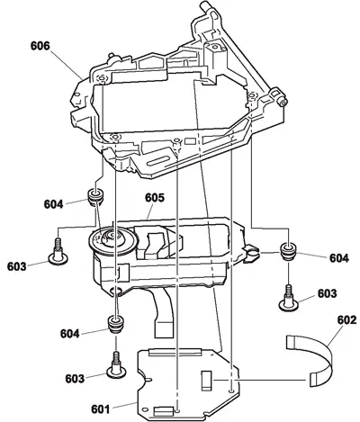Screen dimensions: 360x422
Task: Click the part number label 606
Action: [40, 46]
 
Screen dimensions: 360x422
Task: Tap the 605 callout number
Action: [155, 198]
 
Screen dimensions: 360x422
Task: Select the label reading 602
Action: [347, 320]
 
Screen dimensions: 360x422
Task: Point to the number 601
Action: [101, 409]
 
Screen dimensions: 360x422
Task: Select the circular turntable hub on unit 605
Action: [112, 239]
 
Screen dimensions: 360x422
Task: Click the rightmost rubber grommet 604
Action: [288, 252]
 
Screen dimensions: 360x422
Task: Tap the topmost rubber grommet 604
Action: [96, 196]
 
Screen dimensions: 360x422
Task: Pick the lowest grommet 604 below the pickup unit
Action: [115, 324]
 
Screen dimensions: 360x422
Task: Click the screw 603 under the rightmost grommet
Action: [289, 299]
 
